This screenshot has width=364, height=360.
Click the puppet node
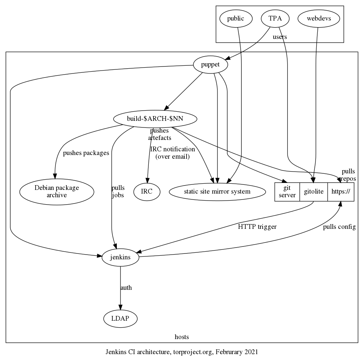(x=210, y=65)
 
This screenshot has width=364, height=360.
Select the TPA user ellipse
(x=275, y=19)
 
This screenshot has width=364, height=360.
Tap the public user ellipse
(x=235, y=19)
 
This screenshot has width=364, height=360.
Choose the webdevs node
(x=316, y=19)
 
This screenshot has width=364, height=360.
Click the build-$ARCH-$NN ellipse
(x=155, y=119)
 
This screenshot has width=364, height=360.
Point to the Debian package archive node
(x=57, y=191)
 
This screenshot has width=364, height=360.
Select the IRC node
(x=147, y=191)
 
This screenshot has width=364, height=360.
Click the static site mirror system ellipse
(x=217, y=191)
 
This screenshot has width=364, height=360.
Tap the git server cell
(x=287, y=191)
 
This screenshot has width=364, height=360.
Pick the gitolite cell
(x=314, y=191)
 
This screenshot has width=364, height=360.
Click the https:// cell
(x=340, y=191)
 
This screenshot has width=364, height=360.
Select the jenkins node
(x=120, y=258)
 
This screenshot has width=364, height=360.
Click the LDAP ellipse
(x=120, y=318)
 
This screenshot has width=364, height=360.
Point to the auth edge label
(x=126, y=288)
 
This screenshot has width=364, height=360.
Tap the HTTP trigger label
(x=257, y=227)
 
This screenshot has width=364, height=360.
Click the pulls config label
(x=339, y=227)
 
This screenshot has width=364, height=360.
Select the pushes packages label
(x=86, y=153)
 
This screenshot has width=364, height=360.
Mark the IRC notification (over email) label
(x=173, y=153)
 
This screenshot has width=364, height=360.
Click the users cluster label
(x=280, y=37)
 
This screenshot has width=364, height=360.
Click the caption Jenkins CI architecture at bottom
(x=182, y=352)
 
